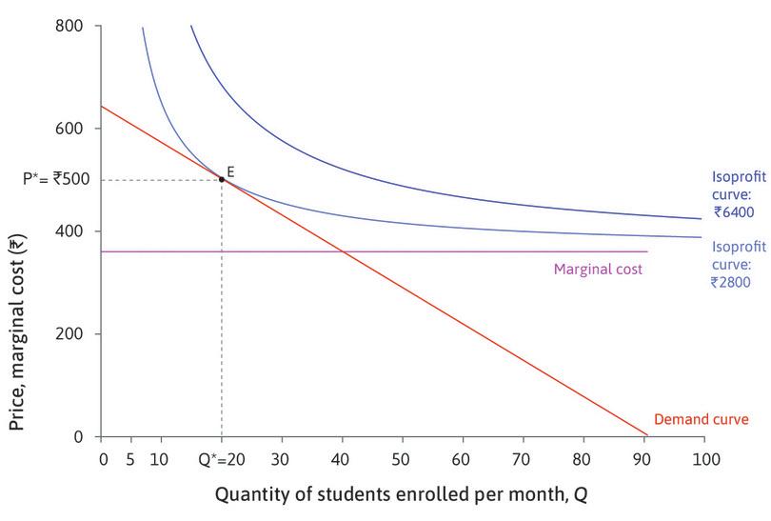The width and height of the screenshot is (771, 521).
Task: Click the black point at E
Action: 222,179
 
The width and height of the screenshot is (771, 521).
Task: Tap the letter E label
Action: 230,170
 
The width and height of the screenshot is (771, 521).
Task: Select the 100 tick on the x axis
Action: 703,457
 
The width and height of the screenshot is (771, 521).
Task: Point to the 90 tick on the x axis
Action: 643,457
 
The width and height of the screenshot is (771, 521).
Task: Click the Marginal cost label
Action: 598,270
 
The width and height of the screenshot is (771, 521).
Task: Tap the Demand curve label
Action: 702,419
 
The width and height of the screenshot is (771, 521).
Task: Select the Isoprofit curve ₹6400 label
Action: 739,194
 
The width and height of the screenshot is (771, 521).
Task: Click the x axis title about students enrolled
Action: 403,494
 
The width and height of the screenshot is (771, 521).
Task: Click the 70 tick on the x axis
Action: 523,457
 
